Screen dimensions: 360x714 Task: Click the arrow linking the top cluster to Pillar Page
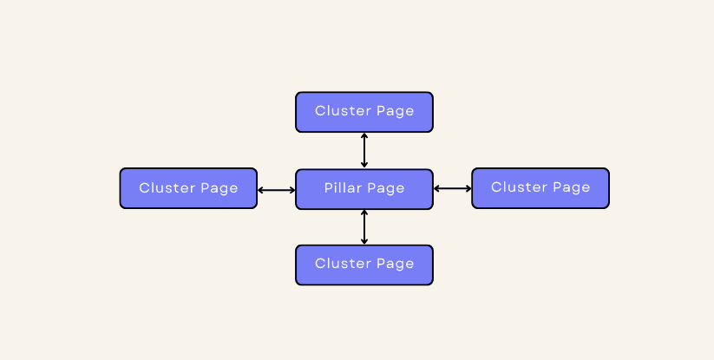point(364,150)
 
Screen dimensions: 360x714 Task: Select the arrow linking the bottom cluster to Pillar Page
point(364,226)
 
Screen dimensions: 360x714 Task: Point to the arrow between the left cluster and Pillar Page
point(277,190)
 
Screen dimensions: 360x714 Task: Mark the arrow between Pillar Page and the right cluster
point(453,188)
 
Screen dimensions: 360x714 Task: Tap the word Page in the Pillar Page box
point(386,189)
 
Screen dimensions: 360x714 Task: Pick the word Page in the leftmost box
point(219,189)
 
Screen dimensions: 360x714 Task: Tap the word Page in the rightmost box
point(572,188)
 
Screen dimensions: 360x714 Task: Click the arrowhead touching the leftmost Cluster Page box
point(261,190)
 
